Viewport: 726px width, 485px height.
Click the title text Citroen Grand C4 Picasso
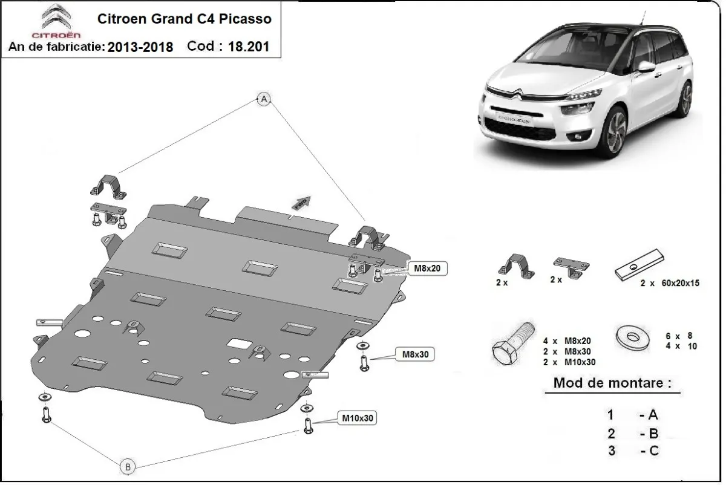(x=185, y=18)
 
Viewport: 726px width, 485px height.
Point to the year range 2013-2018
(x=140, y=47)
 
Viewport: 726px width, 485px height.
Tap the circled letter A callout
(x=264, y=100)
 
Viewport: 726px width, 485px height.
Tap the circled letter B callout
(x=127, y=466)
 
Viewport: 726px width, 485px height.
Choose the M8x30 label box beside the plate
(x=416, y=354)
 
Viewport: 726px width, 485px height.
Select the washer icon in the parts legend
(x=632, y=336)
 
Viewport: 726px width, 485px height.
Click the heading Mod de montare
(x=612, y=383)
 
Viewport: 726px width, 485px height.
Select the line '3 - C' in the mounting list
(x=633, y=451)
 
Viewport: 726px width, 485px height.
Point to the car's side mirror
(x=646, y=67)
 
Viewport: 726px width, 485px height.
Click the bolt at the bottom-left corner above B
(x=46, y=414)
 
